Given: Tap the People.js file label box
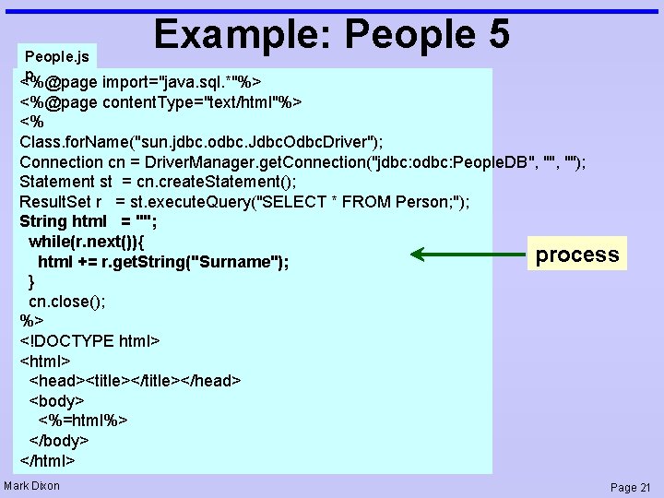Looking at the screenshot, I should (57, 56).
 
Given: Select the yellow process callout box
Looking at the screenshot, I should (576, 255).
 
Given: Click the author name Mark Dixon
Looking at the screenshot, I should (32, 486).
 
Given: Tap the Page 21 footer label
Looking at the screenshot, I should (631, 487).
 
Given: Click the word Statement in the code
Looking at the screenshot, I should (56, 182).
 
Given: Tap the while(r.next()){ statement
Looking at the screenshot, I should (91, 242).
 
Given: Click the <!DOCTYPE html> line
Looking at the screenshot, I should (89, 341).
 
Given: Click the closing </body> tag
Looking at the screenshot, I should (59, 441).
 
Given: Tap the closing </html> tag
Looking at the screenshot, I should (47, 460).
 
